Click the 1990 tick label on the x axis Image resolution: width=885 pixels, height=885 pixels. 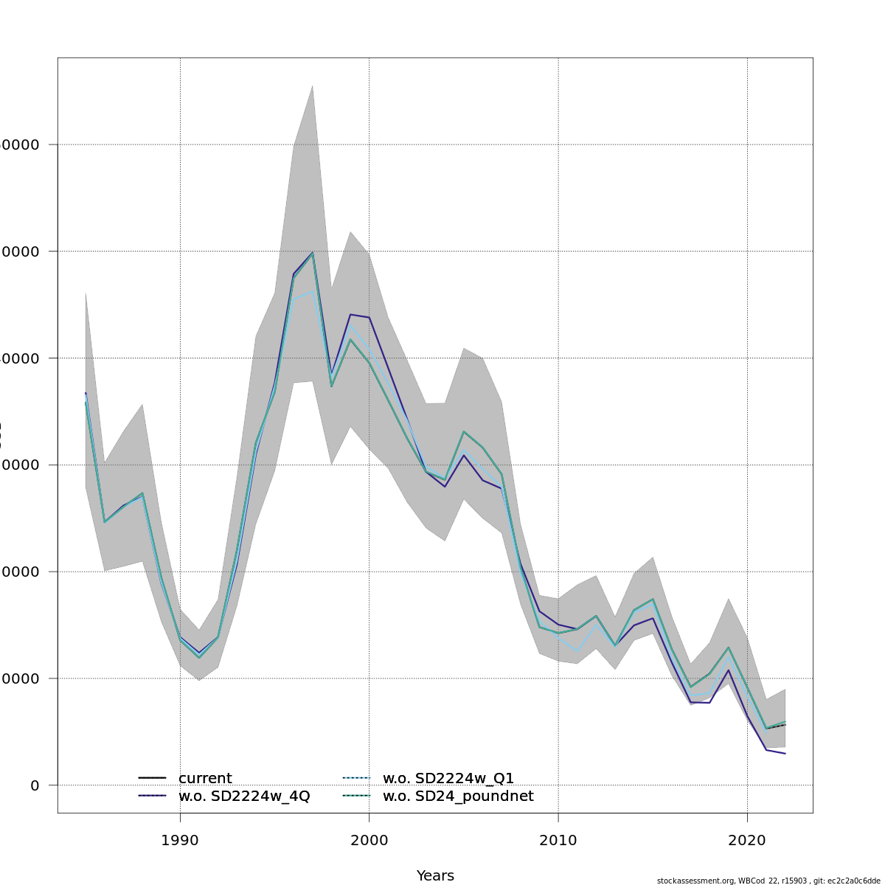click(x=180, y=841)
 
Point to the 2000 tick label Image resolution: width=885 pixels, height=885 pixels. click(x=369, y=841)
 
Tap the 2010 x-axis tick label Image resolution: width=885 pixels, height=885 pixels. click(x=558, y=841)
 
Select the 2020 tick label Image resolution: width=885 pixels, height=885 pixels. click(x=747, y=841)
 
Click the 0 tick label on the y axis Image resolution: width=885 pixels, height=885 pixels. click(x=35, y=785)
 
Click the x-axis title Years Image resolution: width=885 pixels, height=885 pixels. click(x=435, y=876)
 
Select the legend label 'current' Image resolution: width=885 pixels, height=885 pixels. click(x=205, y=779)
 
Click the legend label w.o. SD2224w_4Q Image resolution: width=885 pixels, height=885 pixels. click(x=244, y=796)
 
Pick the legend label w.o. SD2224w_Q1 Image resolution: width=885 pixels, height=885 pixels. click(x=448, y=779)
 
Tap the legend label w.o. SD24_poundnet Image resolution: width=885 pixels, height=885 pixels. click(x=458, y=796)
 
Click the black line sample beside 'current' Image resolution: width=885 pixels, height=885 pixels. click(x=152, y=779)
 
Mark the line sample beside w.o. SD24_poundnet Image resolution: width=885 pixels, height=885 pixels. click(x=356, y=796)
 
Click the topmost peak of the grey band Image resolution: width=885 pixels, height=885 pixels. click(x=313, y=86)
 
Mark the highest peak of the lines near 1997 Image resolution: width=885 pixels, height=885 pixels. click(x=313, y=253)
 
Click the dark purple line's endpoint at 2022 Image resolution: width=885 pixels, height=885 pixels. click(x=785, y=754)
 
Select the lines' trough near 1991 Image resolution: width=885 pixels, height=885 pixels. click(x=199, y=656)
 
